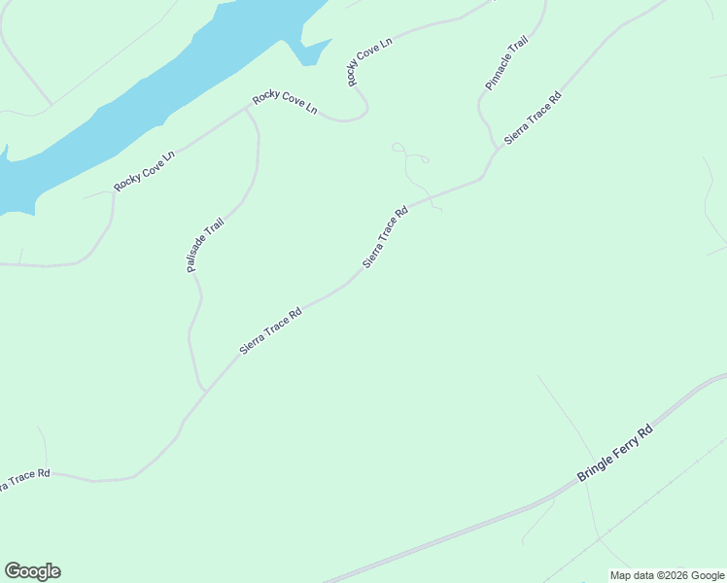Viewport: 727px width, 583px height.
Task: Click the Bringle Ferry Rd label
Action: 615,453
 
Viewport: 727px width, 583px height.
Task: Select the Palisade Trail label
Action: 206,245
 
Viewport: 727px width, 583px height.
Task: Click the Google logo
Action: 32,571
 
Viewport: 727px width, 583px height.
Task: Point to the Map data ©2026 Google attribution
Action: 667,575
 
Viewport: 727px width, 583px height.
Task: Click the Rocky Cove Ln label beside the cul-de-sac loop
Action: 285,102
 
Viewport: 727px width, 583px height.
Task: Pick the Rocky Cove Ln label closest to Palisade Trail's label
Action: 143,171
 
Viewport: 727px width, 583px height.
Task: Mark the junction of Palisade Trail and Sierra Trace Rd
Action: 206,391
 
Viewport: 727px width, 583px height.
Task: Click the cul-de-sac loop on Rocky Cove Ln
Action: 356,113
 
